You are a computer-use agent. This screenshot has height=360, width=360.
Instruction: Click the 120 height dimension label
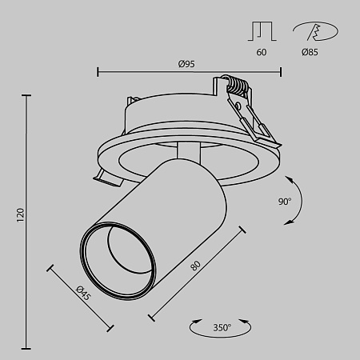[x=21, y=214]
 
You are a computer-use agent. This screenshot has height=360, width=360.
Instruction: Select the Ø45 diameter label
[x=82, y=294]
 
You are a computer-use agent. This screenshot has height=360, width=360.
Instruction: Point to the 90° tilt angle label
[x=286, y=202]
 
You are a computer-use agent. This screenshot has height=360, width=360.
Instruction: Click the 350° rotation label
[x=221, y=327]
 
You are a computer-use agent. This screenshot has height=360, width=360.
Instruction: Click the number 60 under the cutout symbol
[x=262, y=52]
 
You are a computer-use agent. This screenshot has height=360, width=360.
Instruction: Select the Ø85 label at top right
[x=311, y=52]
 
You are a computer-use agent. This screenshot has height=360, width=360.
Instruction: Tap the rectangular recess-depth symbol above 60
[x=261, y=30]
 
